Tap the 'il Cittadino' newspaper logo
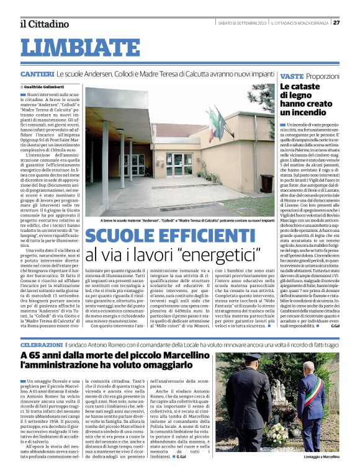(44, 24)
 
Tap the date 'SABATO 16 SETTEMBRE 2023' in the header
(241, 24)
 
